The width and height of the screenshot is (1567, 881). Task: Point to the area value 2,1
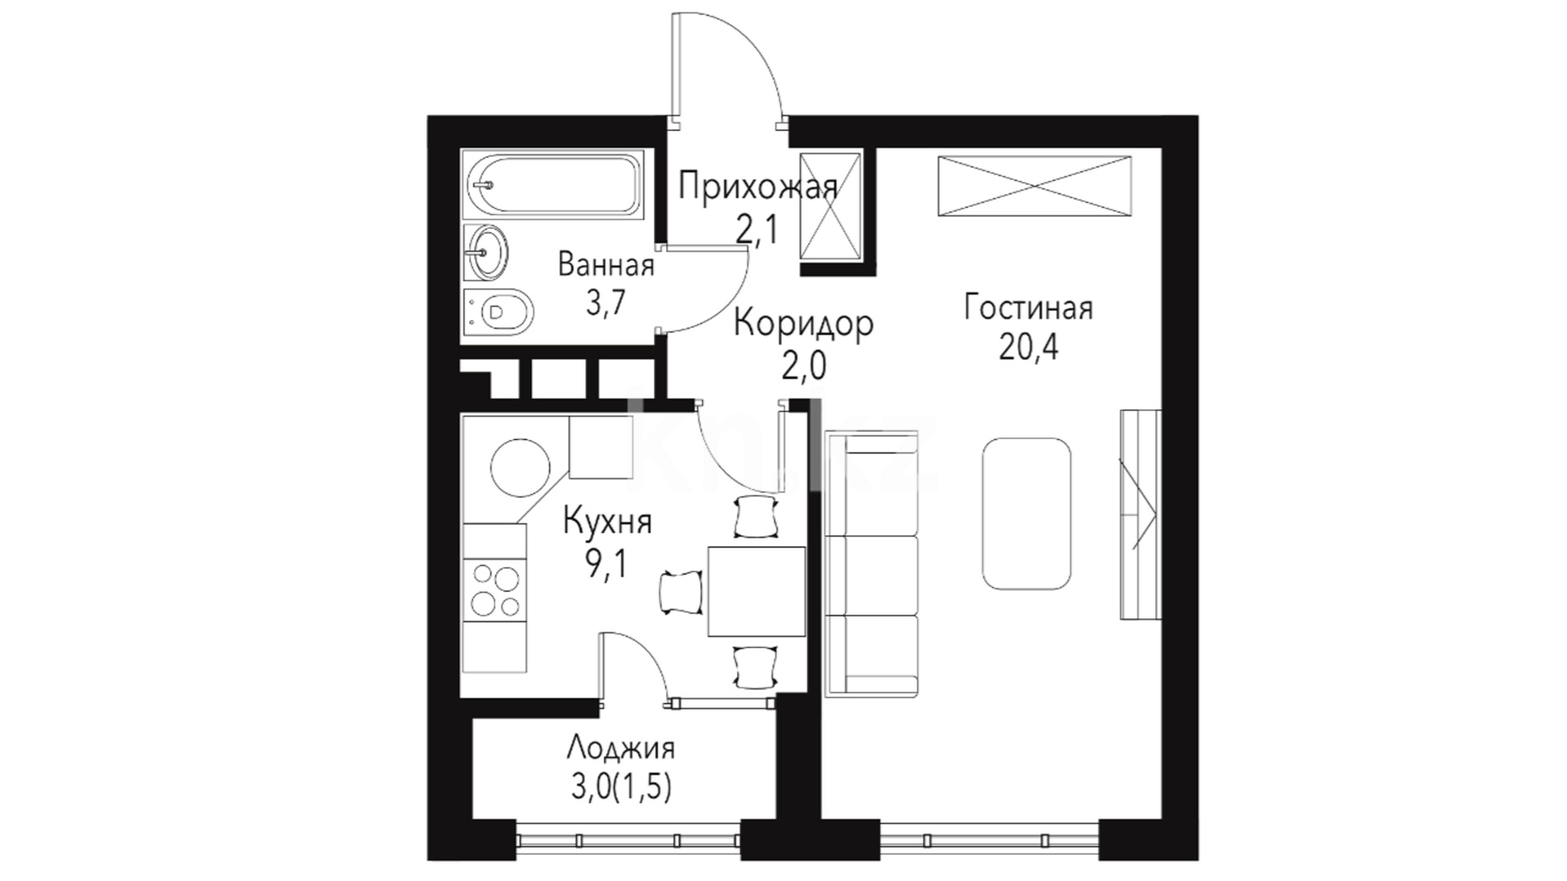click(x=757, y=231)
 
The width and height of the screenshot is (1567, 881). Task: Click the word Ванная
click(x=606, y=265)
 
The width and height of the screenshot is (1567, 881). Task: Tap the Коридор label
click(x=804, y=324)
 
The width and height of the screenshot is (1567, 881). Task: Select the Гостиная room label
click(x=1028, y=309)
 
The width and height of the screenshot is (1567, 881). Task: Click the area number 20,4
click(x=1028, y=348)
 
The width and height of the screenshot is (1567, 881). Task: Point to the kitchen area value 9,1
click(x=605, y=563)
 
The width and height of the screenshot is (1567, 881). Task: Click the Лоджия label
click(x=620, y=748)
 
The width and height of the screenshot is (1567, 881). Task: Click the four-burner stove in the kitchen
click(x=495, y=591)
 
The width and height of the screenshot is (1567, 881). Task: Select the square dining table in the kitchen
click(x=756, y=592)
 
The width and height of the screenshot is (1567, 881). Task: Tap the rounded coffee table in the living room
click(x=1027, y=513)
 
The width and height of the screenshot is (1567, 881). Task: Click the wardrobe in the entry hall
click(x=831, y=207)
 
